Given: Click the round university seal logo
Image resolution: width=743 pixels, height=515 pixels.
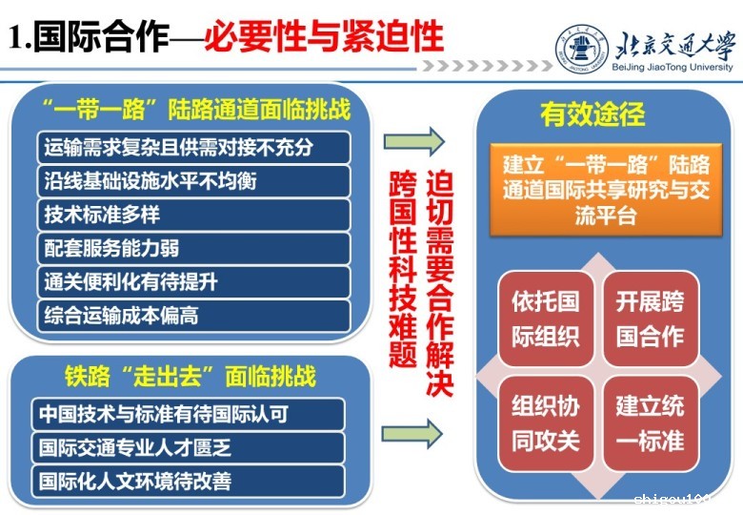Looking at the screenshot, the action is (x=582, y=49).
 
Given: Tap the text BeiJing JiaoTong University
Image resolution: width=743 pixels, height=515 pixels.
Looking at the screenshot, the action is (x=673, y=67).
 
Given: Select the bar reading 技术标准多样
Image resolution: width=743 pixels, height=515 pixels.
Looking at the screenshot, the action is (x=193, y=215).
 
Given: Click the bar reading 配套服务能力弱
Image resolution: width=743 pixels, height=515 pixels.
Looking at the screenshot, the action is (x=193, y=249).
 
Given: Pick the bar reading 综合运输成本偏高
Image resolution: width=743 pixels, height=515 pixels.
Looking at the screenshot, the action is (x=193, y=316).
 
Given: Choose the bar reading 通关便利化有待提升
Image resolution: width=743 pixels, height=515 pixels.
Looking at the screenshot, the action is (x=193, y=282).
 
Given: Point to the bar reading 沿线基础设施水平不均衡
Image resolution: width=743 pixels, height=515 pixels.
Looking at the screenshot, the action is (x=193, y=181).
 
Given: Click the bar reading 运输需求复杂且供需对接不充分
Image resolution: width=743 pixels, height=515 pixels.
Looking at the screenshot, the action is (x=193, y=148).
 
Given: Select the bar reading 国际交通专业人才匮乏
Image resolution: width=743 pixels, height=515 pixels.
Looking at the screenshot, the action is (x=188, y=447).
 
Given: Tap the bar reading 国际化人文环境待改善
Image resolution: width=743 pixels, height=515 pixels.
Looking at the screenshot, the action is (x=188, y=482).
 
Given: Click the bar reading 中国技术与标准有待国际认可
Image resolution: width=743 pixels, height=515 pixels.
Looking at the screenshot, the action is (x=188, y=414).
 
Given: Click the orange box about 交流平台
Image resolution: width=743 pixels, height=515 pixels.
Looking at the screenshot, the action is (x=606, y=190).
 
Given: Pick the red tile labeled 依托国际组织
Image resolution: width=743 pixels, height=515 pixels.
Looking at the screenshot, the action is (x=546, y=319).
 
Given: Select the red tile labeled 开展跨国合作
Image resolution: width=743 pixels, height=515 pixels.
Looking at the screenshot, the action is (x=651, y=319).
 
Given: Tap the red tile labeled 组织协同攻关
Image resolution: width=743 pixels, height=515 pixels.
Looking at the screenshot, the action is (x=546, y=423).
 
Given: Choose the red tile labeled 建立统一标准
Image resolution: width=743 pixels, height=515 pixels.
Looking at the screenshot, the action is (x=651, y=423).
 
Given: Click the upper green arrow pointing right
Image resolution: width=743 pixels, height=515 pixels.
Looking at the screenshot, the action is (x=413, y=141).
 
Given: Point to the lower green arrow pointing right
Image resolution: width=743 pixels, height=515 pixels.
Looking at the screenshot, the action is (x=412, y=433).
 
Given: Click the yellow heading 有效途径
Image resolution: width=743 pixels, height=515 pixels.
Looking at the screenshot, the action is (x=592, y=113).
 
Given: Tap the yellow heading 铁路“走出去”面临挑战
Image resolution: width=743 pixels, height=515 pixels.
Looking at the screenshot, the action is (x=190, y=377).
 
